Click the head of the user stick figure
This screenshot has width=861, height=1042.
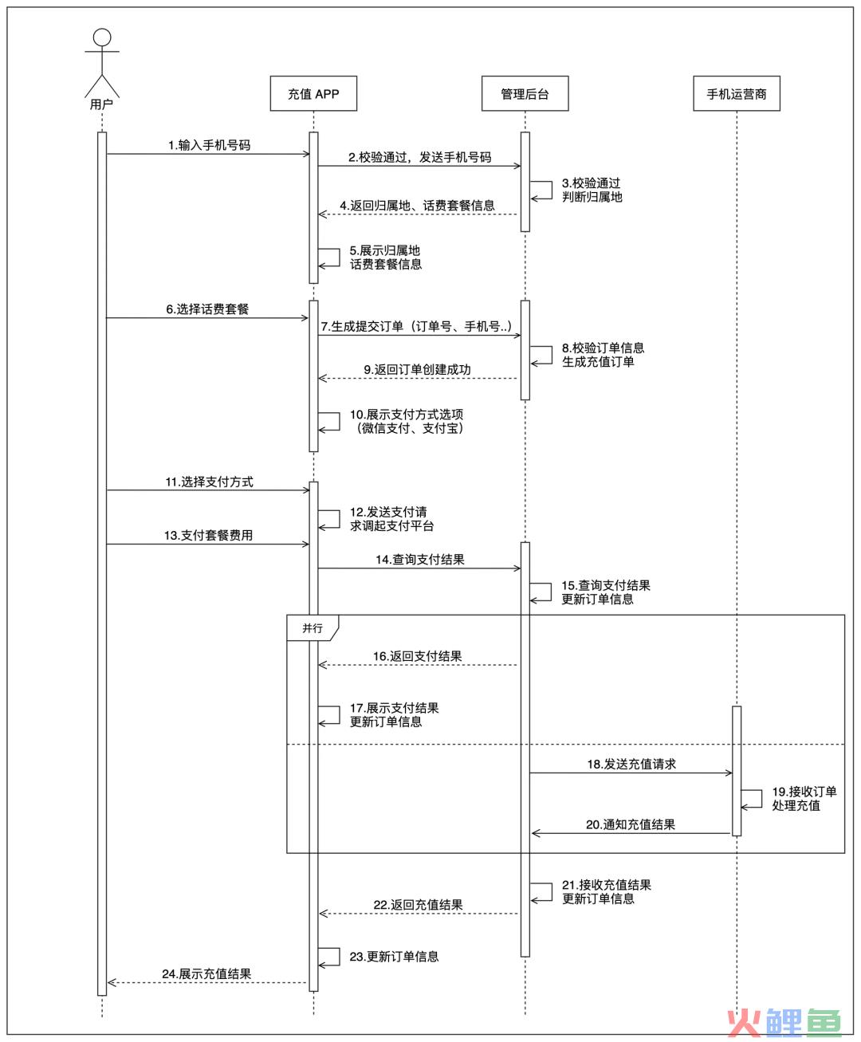click(102, 37)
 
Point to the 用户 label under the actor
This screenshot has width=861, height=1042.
click(101, 104)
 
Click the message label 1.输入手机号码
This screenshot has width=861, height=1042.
click(209, 145)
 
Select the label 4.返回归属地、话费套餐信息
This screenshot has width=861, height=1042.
click(417, 206)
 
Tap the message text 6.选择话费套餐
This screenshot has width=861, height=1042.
click(207, 309)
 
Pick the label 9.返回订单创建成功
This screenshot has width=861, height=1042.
click(417, 370)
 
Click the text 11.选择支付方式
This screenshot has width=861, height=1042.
click(209, 482)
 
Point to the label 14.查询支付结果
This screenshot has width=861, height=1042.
click(420, 560)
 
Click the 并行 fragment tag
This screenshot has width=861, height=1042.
click(313, 627)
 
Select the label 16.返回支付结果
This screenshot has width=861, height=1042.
click(417, 657)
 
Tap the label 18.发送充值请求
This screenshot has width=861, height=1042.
click(631, 765)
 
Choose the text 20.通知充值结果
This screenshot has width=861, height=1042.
click(631, 825)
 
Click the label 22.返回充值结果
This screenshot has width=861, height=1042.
click(419, 905)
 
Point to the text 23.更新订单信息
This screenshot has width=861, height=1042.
click(395, 957)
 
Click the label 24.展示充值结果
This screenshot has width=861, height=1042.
click(206, 974)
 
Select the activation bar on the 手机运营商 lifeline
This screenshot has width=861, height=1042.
click(737, 771)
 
